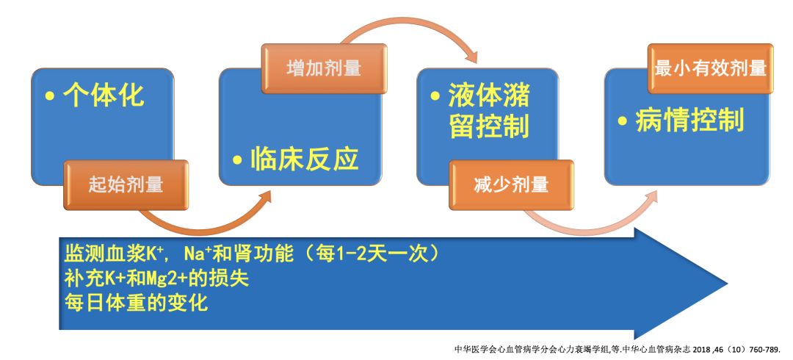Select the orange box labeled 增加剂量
click(x=324, y=69)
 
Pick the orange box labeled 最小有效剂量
click(x=709, y=69)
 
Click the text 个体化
click(x=104, y=96)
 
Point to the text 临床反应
click(x=305, y=157)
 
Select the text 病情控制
click(x=689, y=119)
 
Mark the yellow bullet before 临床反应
click(x=237, y=159)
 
